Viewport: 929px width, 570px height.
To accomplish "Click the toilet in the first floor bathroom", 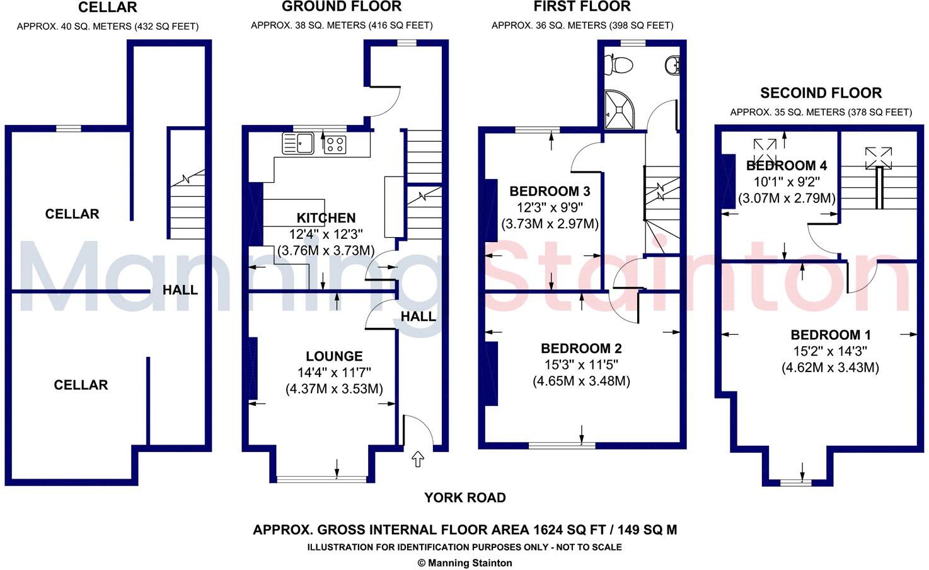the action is pos(618,65).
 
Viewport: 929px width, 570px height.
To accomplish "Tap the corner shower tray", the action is pos(619,110).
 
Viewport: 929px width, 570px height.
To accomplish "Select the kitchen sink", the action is pos(297,143).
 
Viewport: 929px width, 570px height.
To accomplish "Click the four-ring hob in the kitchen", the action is pos(335,145).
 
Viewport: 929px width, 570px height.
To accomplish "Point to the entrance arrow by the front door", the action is pos(418,459).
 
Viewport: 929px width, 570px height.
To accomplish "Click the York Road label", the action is pos(465,497).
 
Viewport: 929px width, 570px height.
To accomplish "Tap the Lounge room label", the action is pos(334,356).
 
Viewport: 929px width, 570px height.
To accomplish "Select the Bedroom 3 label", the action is pos(550,191).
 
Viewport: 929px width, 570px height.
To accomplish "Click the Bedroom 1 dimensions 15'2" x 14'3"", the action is pos(830,351).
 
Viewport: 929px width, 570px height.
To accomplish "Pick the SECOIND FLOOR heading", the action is pos(821,93).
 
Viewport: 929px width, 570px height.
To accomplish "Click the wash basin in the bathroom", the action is pos(672,65).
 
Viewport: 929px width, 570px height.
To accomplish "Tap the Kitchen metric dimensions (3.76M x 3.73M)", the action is pos(326,250).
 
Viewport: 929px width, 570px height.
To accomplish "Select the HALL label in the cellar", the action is pos(180,289).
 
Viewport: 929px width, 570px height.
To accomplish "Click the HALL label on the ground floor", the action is pos(418,317).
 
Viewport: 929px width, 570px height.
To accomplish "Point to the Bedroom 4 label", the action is pos(787,166).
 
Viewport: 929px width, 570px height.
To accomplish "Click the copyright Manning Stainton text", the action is pos(464,563).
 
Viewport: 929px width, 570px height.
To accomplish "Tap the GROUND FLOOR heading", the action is pos(342,7).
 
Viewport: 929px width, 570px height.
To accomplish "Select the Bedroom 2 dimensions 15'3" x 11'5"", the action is pos(581,364).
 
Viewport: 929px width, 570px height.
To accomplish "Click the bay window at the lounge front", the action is pos(321,479).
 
